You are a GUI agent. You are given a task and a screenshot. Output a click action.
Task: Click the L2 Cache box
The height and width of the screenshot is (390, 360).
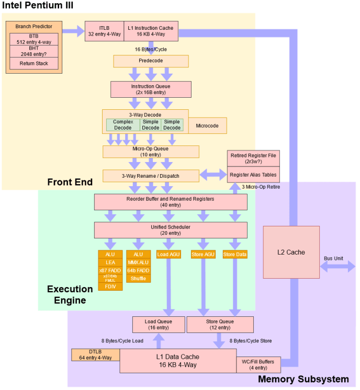click(x=291, y=252)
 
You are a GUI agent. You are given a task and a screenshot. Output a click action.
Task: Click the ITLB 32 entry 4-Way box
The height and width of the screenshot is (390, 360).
click(x=104, y=30)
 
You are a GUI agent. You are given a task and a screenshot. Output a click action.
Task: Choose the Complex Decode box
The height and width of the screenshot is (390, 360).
click(x=122, y=124)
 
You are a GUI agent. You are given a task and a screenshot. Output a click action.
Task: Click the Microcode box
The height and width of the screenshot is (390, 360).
click(x=207, y=125)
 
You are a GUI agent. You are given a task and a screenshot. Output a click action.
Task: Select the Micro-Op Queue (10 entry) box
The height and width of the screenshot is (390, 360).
click(x=151, y=151)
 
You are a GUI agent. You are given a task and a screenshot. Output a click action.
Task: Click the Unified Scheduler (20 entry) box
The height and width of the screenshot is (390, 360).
click(x=171, y=230)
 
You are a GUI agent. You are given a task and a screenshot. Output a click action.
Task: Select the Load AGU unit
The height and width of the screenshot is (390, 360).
click(x=168, y=255)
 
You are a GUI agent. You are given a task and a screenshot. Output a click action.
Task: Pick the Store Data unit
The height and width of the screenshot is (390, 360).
click(x=235, y=255)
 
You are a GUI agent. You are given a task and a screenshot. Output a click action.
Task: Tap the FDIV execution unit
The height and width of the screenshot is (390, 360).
click(x=110, y=286)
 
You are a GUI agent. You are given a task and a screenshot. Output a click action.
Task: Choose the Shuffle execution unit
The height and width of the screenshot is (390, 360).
click(x=138, y=278)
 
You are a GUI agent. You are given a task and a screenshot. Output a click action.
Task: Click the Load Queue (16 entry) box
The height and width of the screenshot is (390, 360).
click(x=158, y=325)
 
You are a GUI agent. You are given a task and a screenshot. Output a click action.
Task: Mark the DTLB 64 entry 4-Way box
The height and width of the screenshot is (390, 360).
click(x=95, y=354)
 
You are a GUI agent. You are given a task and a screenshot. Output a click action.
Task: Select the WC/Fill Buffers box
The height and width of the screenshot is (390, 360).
click(x=258, y=364)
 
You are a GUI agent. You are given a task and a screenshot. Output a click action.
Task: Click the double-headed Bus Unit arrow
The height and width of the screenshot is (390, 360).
click(x=337, y=267)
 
